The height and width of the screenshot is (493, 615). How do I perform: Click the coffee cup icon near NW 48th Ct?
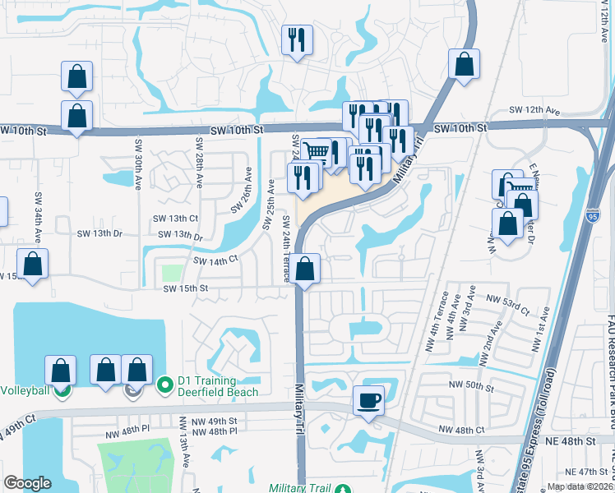pyautogui.click(x=368, y=401)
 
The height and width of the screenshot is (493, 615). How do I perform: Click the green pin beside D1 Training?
pyautogui.click(x=164, y=384)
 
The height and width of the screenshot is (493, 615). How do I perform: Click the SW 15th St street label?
pyautogui.click(x=185, y=288)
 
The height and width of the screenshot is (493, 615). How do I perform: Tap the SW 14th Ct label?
pyautogui.click(x=215, y=260)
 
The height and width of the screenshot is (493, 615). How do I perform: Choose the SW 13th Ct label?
pyautogui.click(x=175, y=219)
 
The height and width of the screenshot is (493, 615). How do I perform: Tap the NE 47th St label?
pyautogui.click(x=586, y=472)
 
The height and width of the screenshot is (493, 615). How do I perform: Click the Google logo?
pyautogui.click(x=27, y=483)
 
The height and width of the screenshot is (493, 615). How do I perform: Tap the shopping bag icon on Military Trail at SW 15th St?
pyautogui.click(x=305, y=268)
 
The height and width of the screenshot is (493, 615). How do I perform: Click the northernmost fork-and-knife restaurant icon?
pyautogui.click(x=296, y=39)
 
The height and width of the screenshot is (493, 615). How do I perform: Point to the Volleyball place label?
pyautogui.click(x=25, y=389)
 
